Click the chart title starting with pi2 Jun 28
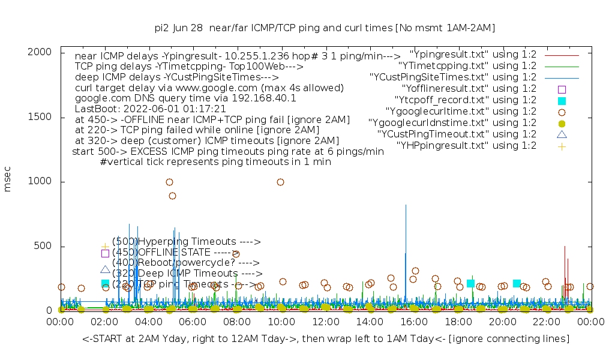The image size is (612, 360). pos(325,28)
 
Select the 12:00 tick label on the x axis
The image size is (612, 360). pos(326,323)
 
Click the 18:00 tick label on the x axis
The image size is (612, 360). pos(458,323)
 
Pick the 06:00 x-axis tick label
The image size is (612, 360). pos(193,323)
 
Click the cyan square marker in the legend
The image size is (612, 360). pos(562,100)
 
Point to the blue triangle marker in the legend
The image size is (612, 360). pos(562,134)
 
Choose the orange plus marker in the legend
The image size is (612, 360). pos(562,146)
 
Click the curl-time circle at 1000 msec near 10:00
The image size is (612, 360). pos(280,182)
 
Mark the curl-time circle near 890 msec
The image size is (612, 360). pos(172,196)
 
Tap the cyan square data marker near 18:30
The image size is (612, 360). pos(470,283)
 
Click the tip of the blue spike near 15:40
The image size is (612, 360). pos(406,205)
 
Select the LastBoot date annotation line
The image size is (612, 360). pos(150,109)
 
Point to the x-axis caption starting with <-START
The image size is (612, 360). pos(326,339)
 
